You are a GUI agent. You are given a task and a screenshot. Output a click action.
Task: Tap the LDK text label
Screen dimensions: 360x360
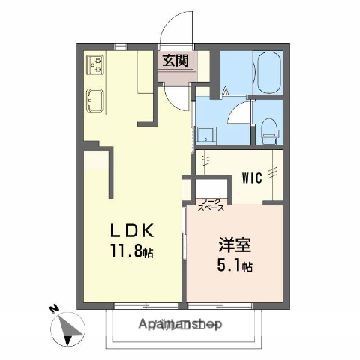135,230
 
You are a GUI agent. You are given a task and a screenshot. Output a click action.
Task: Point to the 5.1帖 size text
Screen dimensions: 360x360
234,265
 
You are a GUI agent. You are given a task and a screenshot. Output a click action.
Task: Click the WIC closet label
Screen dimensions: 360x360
251,178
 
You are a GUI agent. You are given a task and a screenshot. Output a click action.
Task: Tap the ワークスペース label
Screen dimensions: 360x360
211,205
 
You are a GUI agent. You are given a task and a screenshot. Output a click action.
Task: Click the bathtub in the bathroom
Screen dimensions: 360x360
266,73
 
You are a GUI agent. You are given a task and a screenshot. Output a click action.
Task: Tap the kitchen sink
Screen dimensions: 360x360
95,98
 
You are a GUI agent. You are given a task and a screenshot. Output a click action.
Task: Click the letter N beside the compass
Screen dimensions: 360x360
52,308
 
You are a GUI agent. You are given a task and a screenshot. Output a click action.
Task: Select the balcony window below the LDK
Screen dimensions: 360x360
146,304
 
